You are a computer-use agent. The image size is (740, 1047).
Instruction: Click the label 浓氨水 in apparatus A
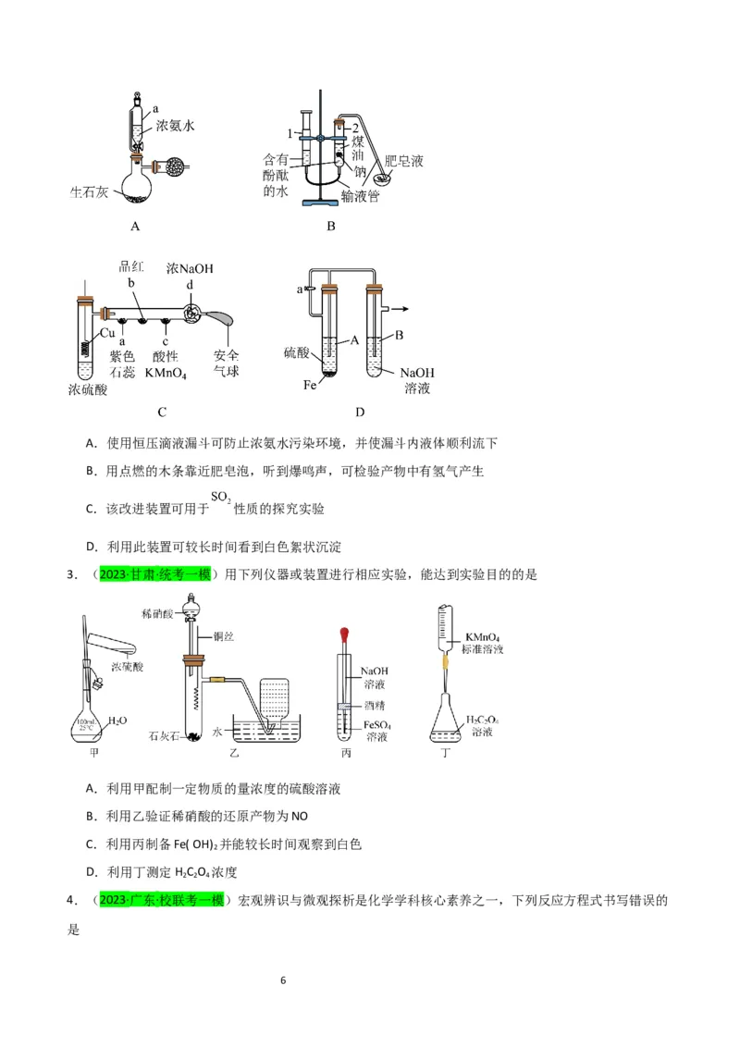(x=176, y=125)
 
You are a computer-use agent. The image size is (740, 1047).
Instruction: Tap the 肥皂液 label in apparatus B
(x=403, y=161)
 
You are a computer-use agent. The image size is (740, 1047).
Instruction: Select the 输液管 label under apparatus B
(x=360, y=196)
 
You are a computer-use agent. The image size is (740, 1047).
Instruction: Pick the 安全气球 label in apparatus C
(x=227, y=363)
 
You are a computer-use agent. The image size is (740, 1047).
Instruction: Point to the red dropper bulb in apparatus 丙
(x=344, y=634)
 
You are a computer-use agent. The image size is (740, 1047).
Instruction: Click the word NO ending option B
(x=300, y=817)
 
